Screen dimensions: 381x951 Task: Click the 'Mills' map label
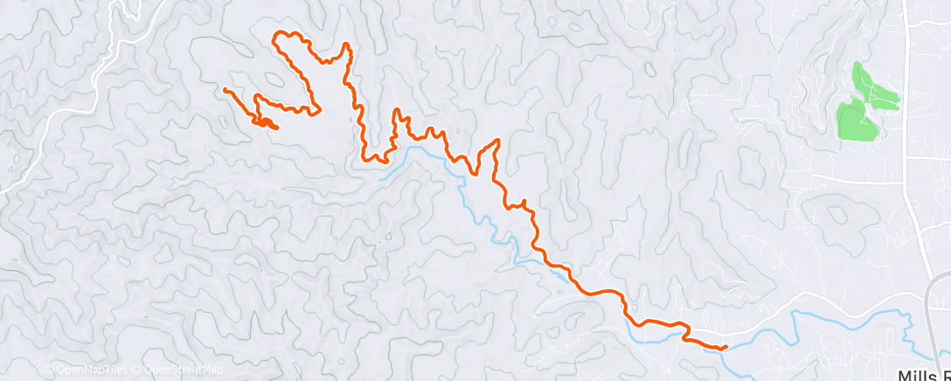920,374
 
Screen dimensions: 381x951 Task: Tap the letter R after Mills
946,374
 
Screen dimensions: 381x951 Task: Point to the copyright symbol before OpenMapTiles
49,370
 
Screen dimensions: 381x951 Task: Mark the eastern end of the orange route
725,348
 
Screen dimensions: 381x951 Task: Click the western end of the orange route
226,89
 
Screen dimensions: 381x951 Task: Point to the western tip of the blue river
383,177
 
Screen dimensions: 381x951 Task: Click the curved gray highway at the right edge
933,297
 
